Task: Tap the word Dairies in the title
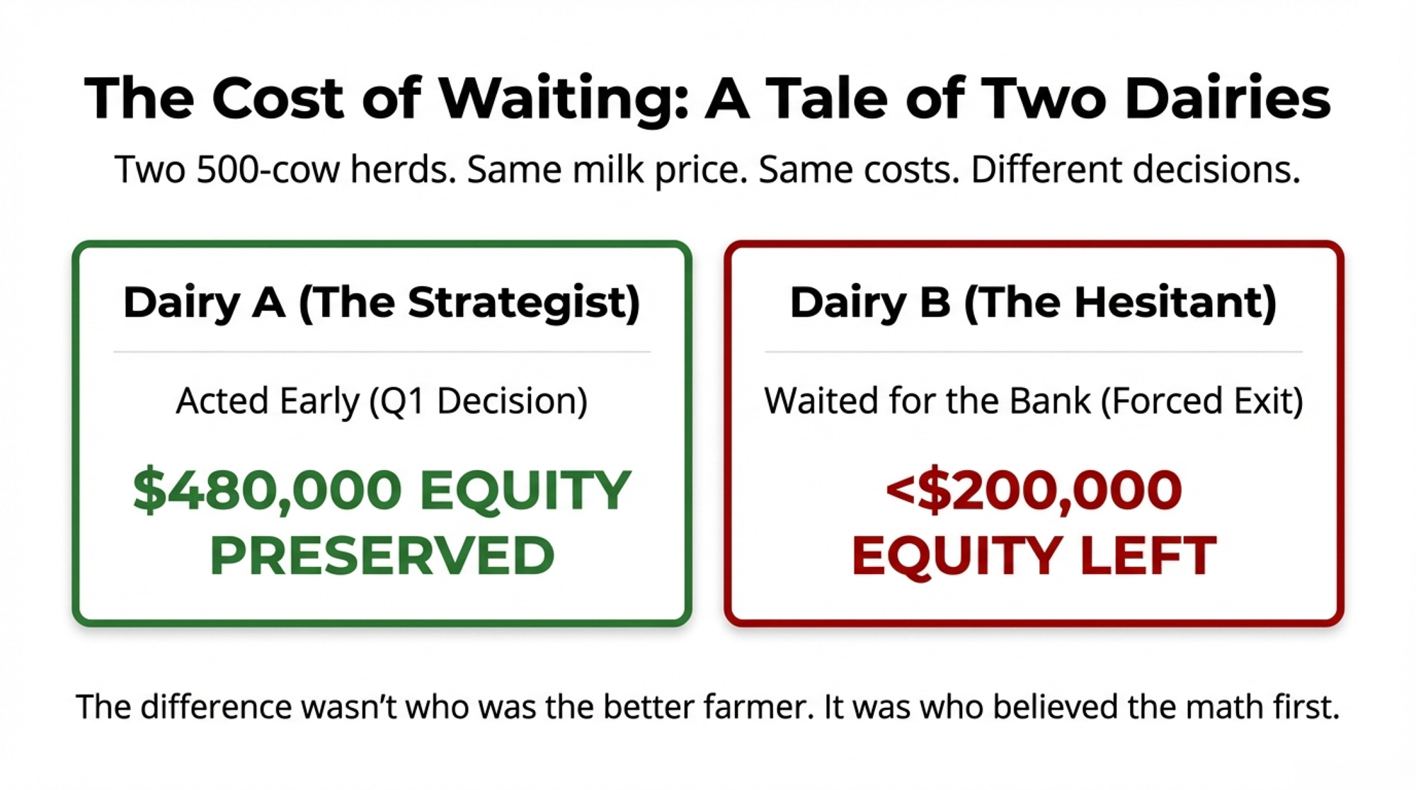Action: tap(1228, 98)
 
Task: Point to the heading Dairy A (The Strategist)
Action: tap(382, 303)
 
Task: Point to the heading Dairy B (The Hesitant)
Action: tap(1033, 303)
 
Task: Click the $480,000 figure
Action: tap(267, 490)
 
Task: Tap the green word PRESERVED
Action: tap(382, 556)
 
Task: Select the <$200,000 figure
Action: tap(1033, 490)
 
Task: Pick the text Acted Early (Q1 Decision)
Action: tap(382, 401)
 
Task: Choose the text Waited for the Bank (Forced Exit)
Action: tap(1034, 401)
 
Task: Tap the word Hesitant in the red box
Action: tap(1175, 303)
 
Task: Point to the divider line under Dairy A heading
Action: tap(382, 352)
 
